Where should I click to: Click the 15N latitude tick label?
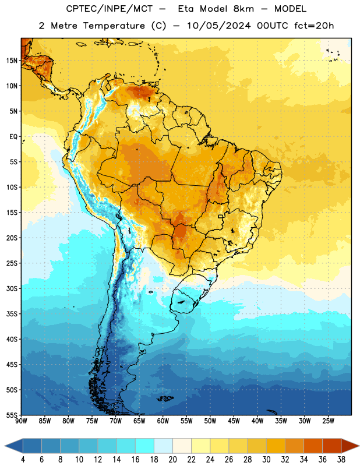coord(12,61)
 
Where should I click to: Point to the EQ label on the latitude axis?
coord(13,137)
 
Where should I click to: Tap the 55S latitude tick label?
coord(12,415)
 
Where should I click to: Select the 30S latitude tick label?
coord(12,288)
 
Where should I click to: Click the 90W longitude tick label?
coord(21,421)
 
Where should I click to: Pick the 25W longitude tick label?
coord(328,421)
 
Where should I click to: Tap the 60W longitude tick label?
coord(163,421)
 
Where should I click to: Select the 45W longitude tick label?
coord(234,421)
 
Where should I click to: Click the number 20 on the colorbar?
coord(172,460)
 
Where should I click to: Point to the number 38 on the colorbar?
coord(341,460)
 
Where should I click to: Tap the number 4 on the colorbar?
coord(23,460)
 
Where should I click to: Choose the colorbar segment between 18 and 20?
coord(163,446)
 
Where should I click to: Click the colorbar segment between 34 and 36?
coord(313,446)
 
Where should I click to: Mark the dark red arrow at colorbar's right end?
coord(350,446)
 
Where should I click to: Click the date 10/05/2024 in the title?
coord(219,26)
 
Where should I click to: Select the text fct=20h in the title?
coord(314,26)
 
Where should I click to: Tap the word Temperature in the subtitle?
coord(114,26)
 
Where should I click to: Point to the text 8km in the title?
coord(243,9)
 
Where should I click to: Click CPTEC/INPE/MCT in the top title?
coord(109,9)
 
